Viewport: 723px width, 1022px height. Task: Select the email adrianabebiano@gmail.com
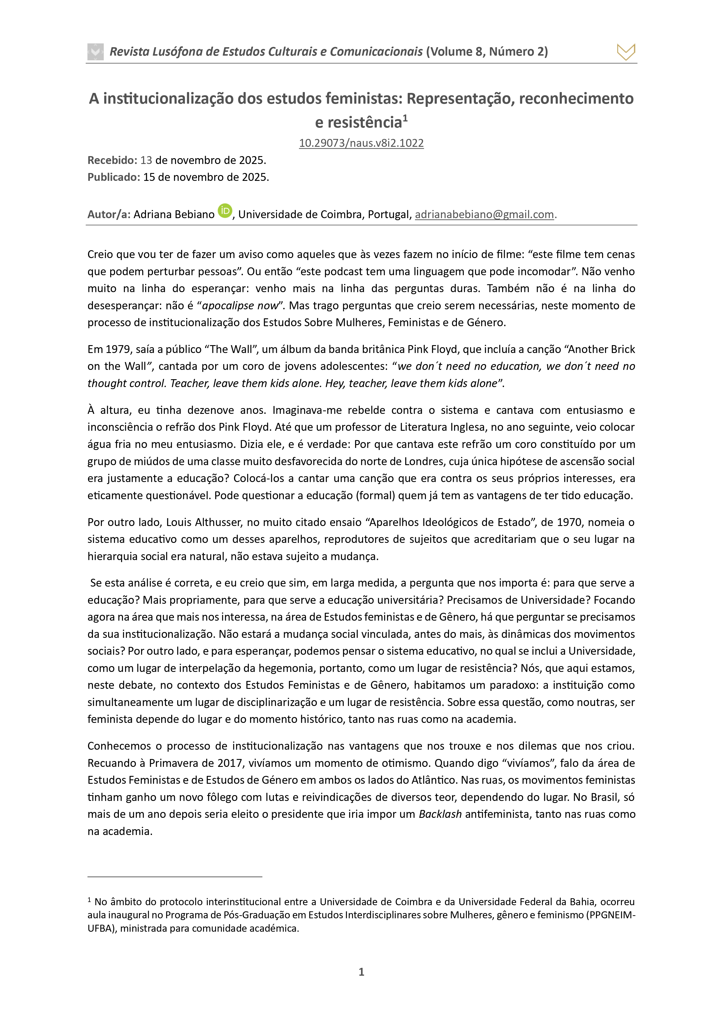[484, 215]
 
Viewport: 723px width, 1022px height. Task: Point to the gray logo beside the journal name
[95, 52]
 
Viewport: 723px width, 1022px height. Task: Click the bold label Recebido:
[112, 160]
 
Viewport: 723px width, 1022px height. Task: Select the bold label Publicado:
[114, 177]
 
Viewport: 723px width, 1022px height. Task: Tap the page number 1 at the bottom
[361, 972]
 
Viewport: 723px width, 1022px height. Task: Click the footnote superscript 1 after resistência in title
[405, 118]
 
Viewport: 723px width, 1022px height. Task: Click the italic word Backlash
[440, 814]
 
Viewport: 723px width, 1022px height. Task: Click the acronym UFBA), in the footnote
[102, 928]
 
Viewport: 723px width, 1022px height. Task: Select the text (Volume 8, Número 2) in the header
[487, 52]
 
